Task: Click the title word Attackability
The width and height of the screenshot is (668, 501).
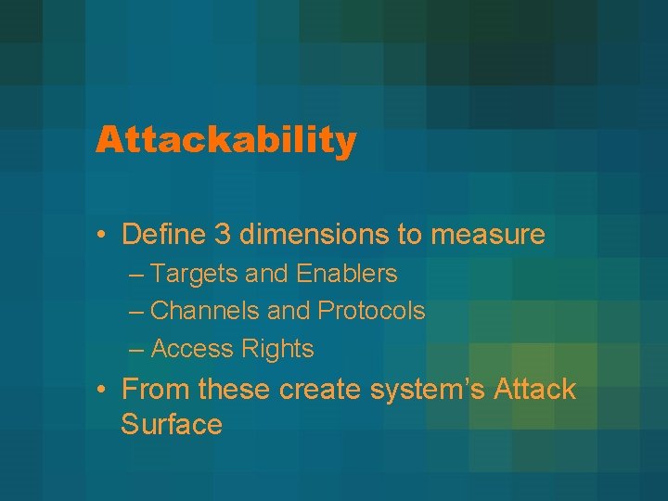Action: click(225, 141)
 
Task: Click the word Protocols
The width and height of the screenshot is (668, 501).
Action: click(371, 311)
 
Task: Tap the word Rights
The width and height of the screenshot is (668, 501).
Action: click(277, 350)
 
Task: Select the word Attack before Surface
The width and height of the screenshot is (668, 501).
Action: click(536, 389)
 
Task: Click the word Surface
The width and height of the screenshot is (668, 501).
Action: click(172, 425)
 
